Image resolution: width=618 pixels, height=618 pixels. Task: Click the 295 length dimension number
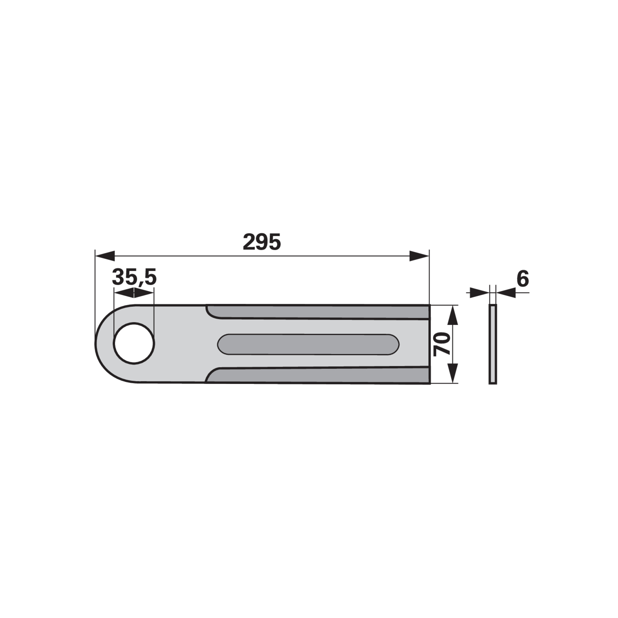[261, 242]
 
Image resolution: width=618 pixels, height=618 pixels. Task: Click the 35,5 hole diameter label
[134, 277]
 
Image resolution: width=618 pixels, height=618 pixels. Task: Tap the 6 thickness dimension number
[523, 278]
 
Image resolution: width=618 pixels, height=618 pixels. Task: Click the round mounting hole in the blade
[134, 343]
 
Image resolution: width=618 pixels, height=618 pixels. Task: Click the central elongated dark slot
[308, 344]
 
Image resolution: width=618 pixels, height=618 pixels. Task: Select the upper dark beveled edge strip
[318, 312]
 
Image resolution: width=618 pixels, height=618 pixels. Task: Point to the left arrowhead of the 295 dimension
[105, 255]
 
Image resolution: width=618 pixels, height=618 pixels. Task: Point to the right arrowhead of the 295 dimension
[419, 255]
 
